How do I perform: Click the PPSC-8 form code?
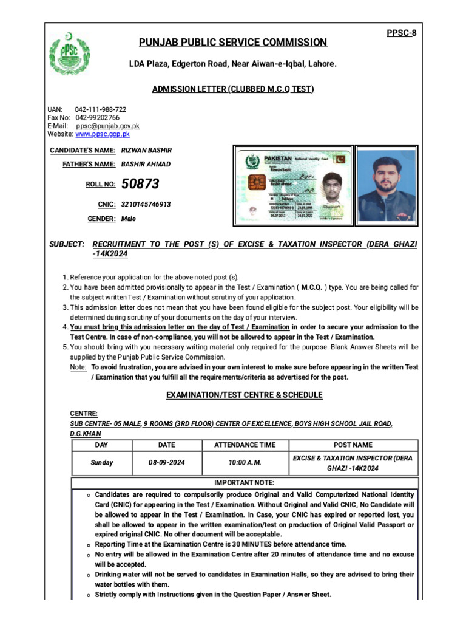pyautogui.click(x=401, y=32)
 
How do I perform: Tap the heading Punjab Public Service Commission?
pyautogui.click(x=233, y=43)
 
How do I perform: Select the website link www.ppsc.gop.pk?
pyautogui.click(x=102, y=134)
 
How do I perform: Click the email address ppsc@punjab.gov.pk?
pyautogui.click(x=107, y=126)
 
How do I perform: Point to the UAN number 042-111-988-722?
pyautogui.click(x=101, y=109)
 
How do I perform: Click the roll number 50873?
pyautogui.click(x=140, y=184)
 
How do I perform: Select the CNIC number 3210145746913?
pyautogui.click(x=146, y=205)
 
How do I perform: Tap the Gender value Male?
pyautogui.click(x=129, y=219)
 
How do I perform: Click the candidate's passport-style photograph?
pyautogui.click(x=386, y=185)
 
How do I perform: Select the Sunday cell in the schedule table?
pyautogui.click(x=102, y=462)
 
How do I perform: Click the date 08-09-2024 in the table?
pyautogui.click(x=166, y=462)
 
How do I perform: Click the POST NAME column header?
pyautogui.click(x=353, y=445)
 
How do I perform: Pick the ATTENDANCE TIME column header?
pyautogui.click(x=245, y=445)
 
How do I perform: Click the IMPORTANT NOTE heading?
pyautogui.click(x=245, y=483)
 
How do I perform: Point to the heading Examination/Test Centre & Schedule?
pyautogui.click(x=245, y=395)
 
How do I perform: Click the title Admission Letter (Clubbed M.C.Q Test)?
pyautogui.click(x=233, y=89)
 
